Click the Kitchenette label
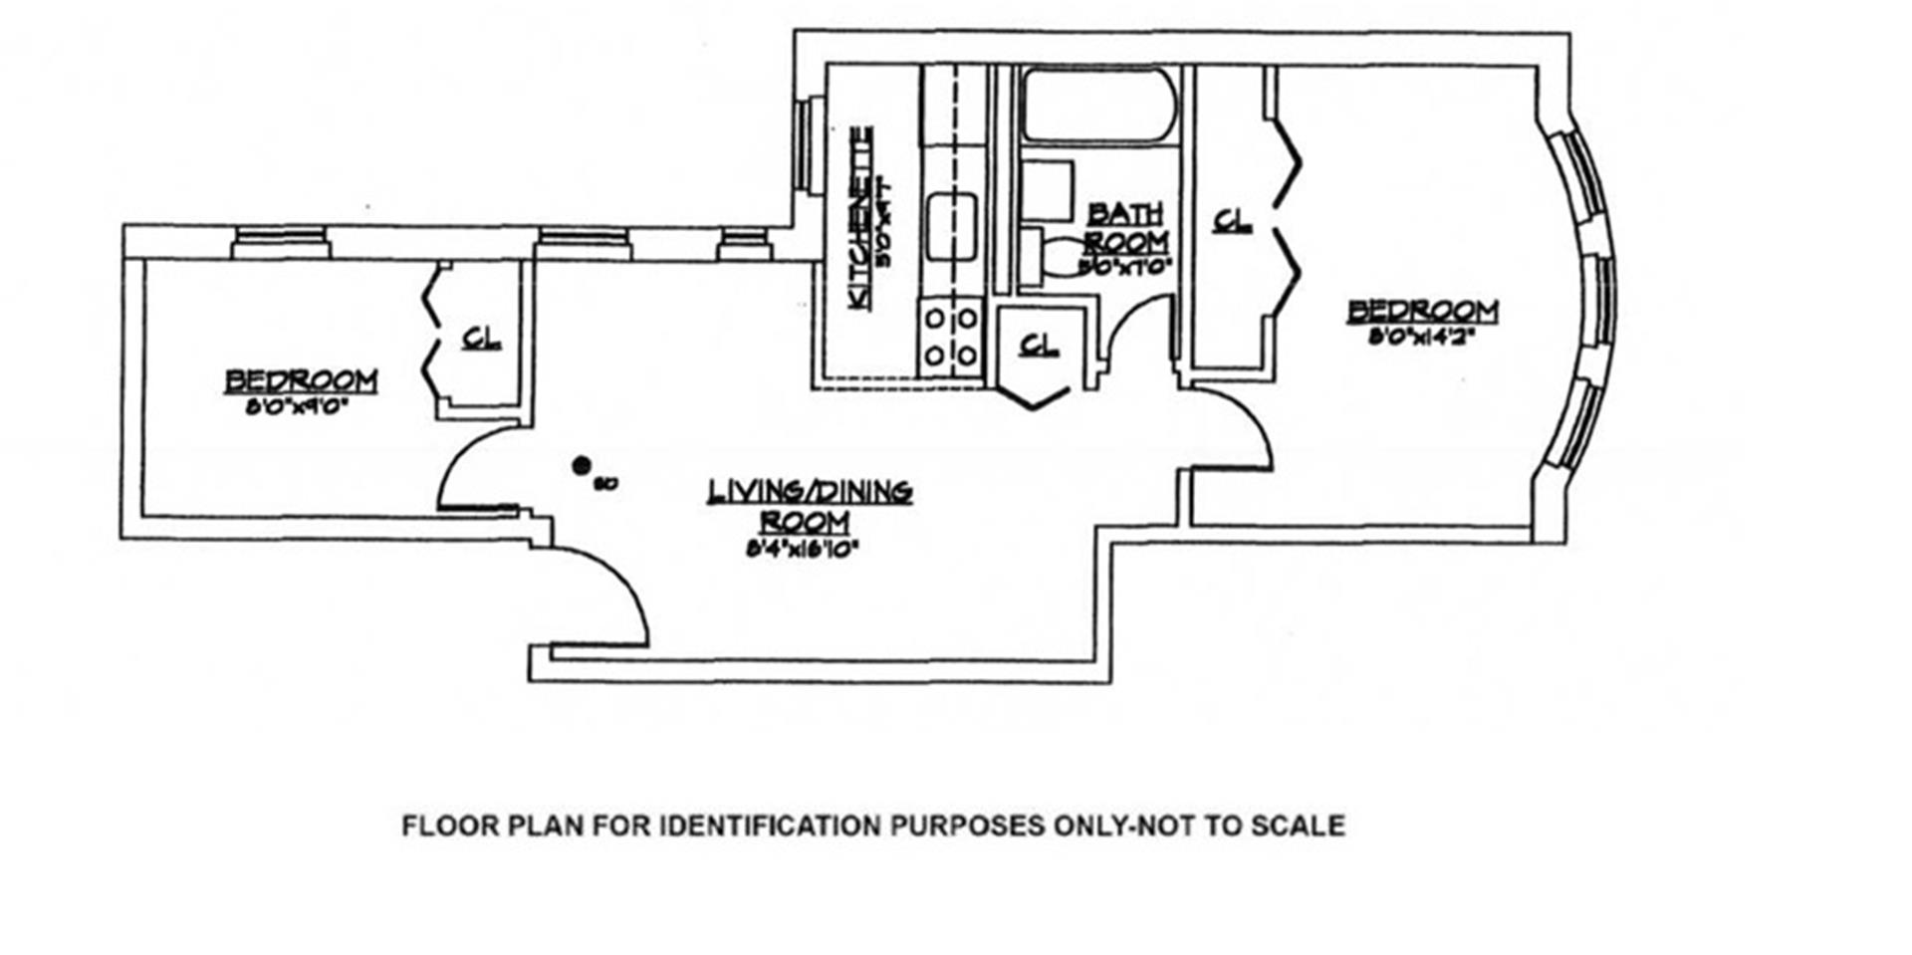(861, 217)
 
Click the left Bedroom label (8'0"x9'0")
(301, 380)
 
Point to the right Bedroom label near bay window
(1423, 311)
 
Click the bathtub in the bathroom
(1096, 104)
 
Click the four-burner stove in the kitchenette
(951, 337)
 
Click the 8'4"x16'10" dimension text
(803, 547)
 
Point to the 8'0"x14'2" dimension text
(1420, 337)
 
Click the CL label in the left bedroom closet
(482, 339)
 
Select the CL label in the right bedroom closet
(1233, 220)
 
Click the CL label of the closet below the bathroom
(1039, 345)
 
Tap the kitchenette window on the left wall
(816, 143)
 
